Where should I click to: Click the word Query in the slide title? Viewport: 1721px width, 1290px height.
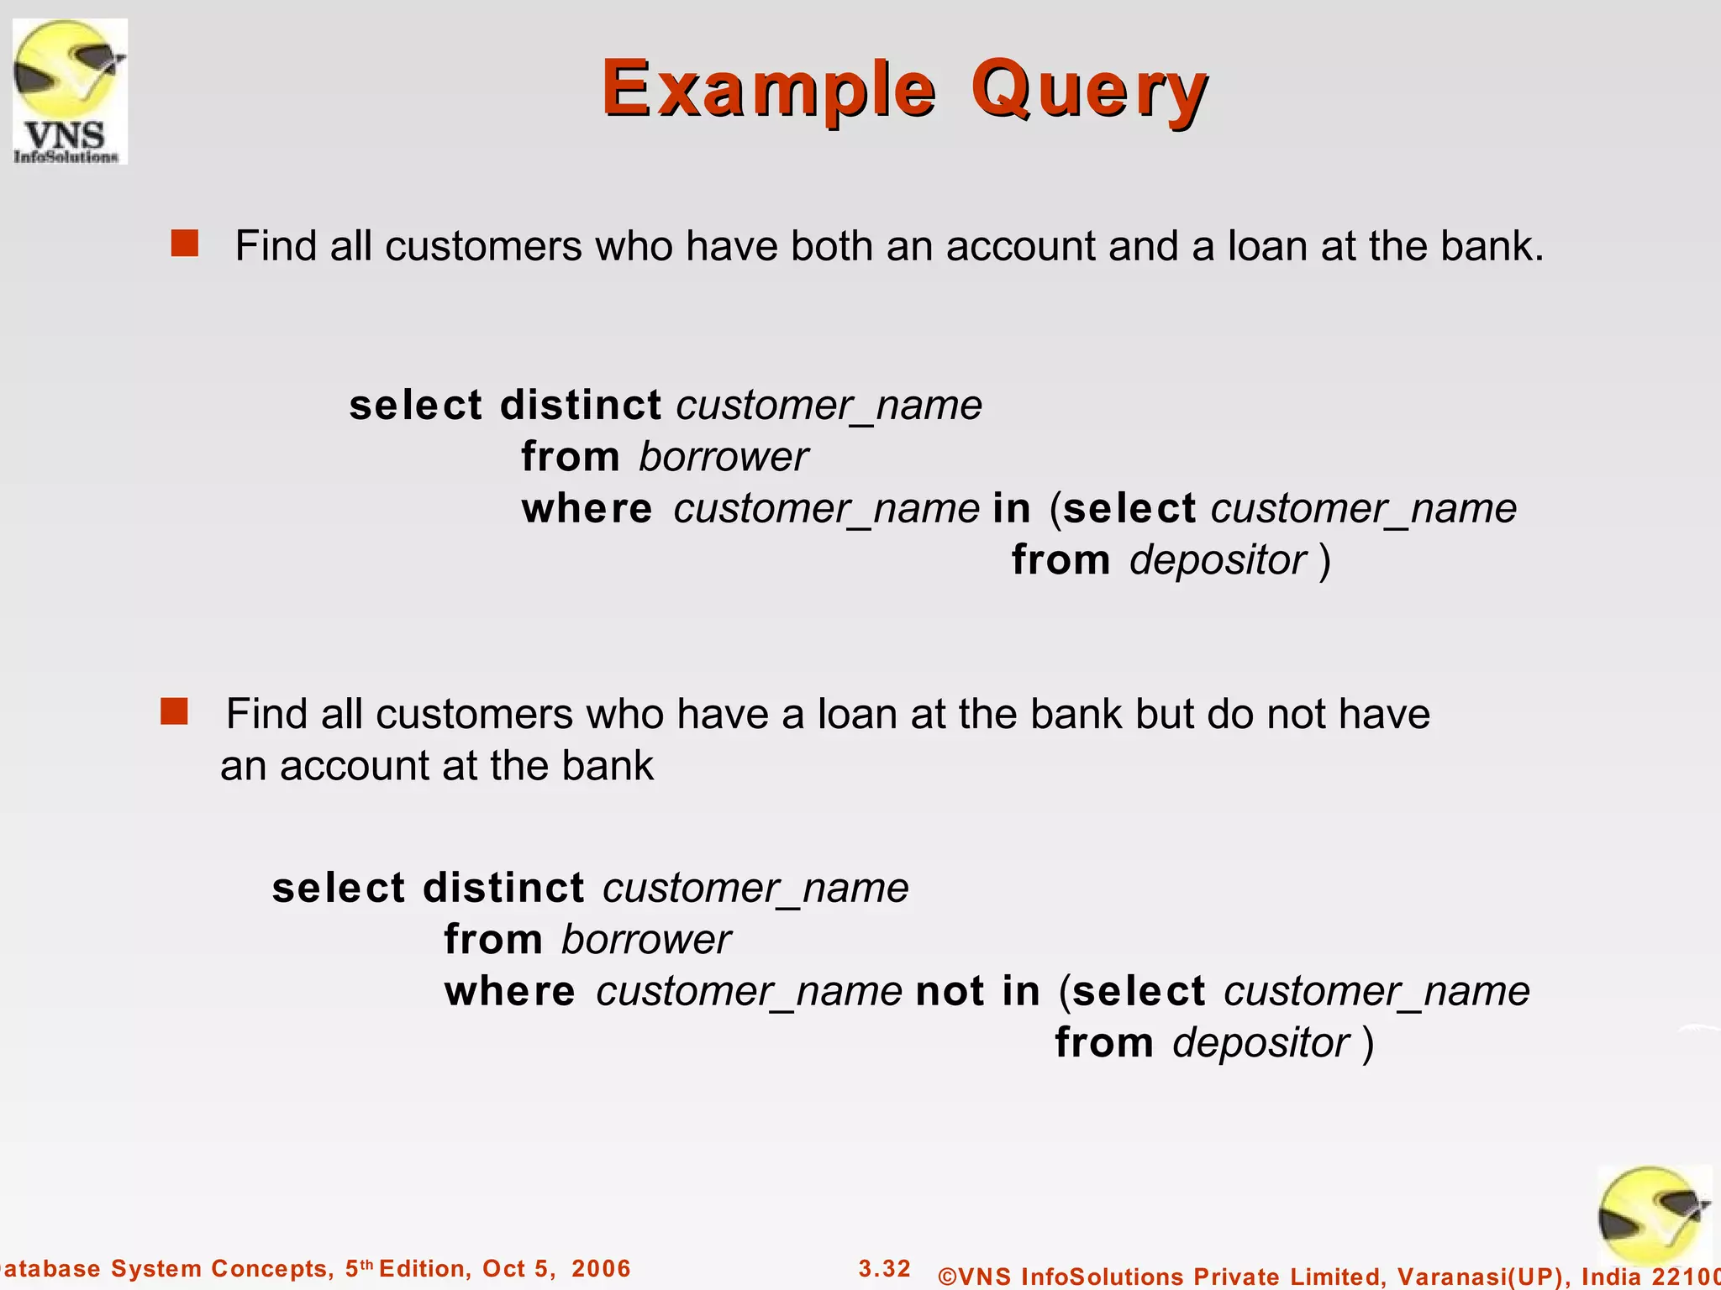coord(1089,91)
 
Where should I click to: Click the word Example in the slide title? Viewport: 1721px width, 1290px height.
coord(768,89)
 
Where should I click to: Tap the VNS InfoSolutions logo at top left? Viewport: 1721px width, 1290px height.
coord(70,92)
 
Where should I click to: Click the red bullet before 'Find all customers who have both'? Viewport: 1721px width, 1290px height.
coord(184,244)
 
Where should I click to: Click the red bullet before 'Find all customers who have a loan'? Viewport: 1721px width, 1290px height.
coord(174,711)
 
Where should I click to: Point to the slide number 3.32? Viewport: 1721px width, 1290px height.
coord(884,1268)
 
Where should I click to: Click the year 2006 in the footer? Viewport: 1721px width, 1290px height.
coord(601,1268)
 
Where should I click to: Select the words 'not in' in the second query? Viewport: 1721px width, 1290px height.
coord(977,992)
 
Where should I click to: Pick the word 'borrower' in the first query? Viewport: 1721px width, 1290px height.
coord(723,458)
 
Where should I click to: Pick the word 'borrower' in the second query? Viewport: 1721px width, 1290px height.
coord(645,940)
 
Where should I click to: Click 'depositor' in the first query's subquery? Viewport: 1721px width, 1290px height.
coord(1218,561)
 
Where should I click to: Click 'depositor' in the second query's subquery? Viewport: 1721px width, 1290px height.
coord(1260,1044)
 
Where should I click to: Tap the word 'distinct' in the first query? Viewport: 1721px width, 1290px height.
coord(580,406)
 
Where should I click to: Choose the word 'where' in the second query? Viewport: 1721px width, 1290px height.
coord(509,992)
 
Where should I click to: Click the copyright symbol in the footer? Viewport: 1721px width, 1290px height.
coord(947,1277)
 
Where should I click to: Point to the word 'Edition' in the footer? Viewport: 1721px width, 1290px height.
coord(424,1268)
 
